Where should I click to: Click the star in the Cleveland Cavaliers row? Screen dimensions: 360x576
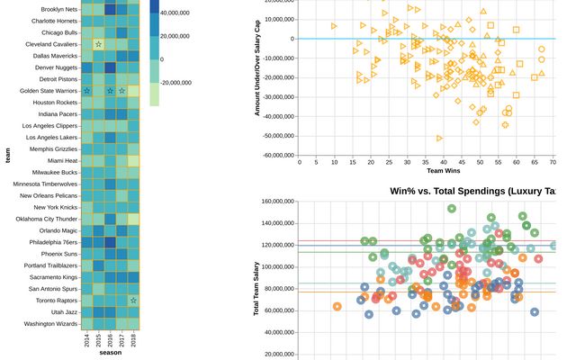pos(98,44)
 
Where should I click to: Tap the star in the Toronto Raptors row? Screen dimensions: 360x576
pos(133,301)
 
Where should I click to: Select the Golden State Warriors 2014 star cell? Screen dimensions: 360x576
pos(86,91)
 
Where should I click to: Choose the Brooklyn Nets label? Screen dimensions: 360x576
pos(55,9)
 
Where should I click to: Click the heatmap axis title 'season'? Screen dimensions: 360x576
pos(110,353)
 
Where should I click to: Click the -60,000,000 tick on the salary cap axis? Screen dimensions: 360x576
pos(274,155)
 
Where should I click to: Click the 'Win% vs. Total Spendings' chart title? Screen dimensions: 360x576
pos(473,191)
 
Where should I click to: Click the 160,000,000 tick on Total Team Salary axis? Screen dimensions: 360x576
pos(274,201)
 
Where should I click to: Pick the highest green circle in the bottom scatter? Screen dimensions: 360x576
pos(452,209)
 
